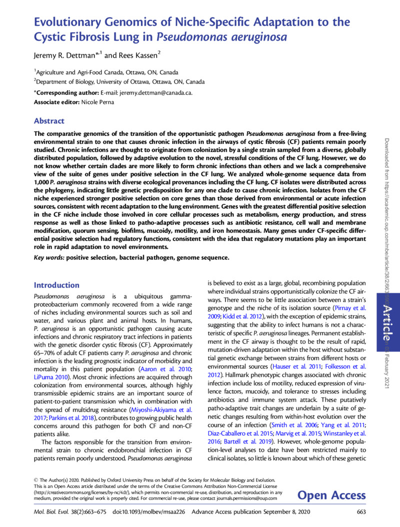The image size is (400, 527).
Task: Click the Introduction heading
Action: click(x=56, y=285)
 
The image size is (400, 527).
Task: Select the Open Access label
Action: click(x=331, y=495)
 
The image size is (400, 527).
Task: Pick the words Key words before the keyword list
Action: click(x=48, y=257)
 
